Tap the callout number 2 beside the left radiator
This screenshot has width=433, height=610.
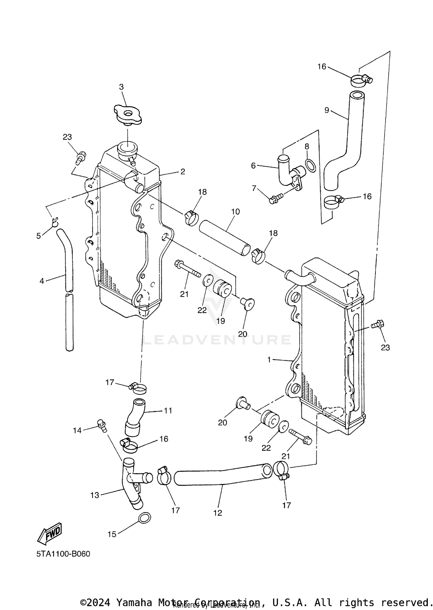[182, 172]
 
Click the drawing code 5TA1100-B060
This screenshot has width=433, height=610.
[63, 554]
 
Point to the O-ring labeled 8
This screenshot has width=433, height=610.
[310, 166]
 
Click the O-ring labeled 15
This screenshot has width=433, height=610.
[144, 518]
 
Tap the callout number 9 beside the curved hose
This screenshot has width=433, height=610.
[326, 110]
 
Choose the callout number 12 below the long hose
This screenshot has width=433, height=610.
[218, 513]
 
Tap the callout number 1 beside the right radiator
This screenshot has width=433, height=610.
[269, 360]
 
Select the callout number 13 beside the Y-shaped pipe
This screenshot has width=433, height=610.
[95, 495]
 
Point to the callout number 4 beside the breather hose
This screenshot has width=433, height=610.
[42, 281]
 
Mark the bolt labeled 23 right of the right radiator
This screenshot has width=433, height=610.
[377, 324]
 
